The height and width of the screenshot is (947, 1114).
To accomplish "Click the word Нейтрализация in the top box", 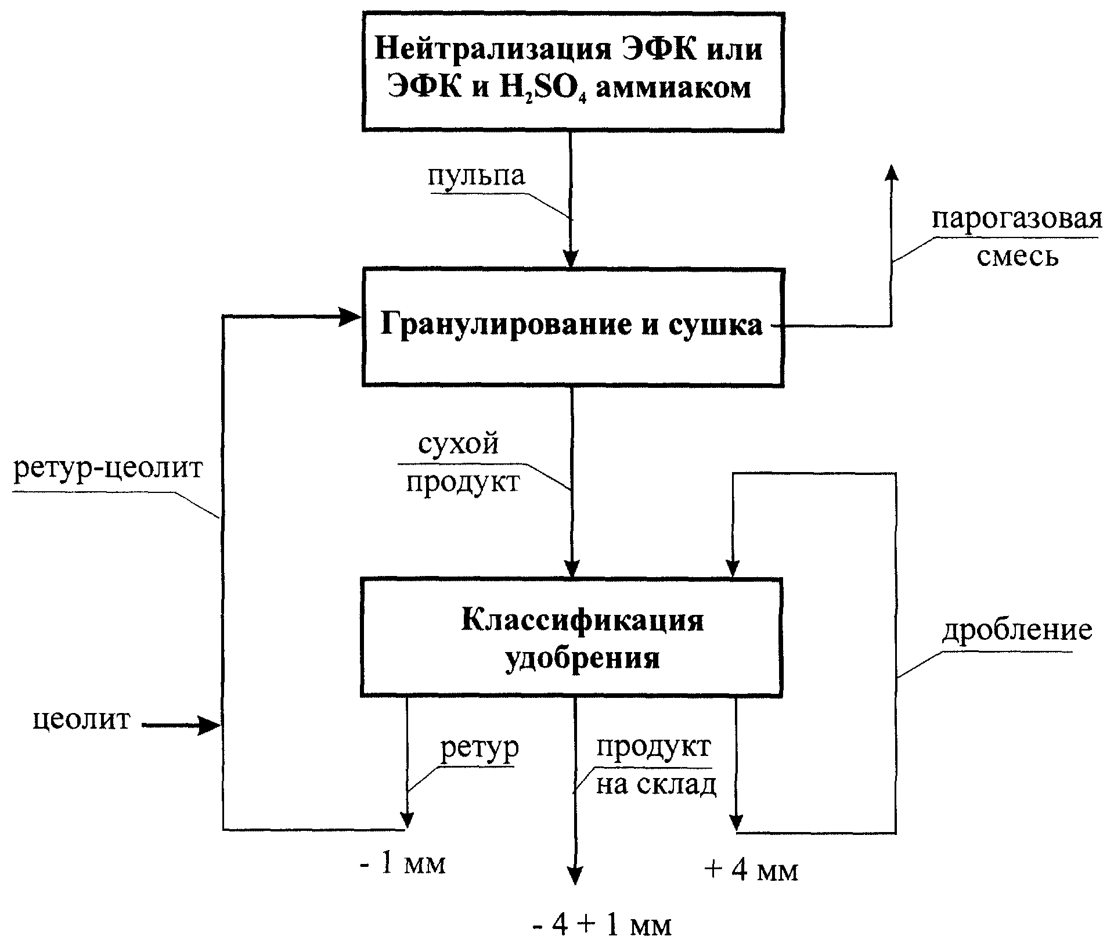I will pos(495,49).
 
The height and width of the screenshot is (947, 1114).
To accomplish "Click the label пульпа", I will pos(477,175).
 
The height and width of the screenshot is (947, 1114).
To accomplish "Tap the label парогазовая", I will pos(1016,220).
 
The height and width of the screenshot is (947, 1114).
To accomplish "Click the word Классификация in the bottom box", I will pos(582,621).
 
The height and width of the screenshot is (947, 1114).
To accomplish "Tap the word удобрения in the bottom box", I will pos(582,659).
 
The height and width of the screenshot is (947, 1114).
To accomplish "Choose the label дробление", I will pos(1016,630).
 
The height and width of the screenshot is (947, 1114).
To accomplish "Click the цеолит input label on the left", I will pos(82,719).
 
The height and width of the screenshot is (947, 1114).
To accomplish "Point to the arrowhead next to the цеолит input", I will pos(209,725).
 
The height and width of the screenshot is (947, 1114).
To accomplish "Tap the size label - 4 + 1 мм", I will pos(601,926).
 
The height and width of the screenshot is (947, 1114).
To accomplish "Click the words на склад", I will pos(656,786).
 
